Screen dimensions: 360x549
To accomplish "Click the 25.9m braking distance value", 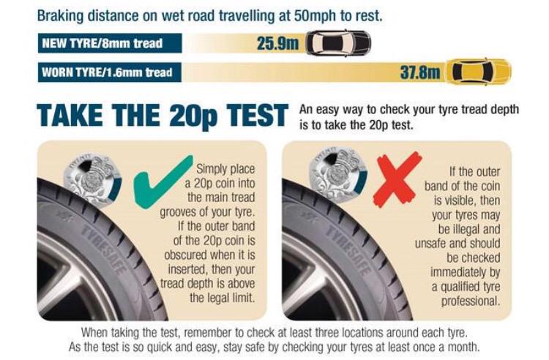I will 277,42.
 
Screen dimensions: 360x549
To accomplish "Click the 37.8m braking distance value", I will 419,72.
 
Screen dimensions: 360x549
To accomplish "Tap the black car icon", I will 338,42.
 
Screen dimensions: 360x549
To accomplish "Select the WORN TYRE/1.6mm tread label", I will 107,72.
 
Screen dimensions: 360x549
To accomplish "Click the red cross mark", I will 397,178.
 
